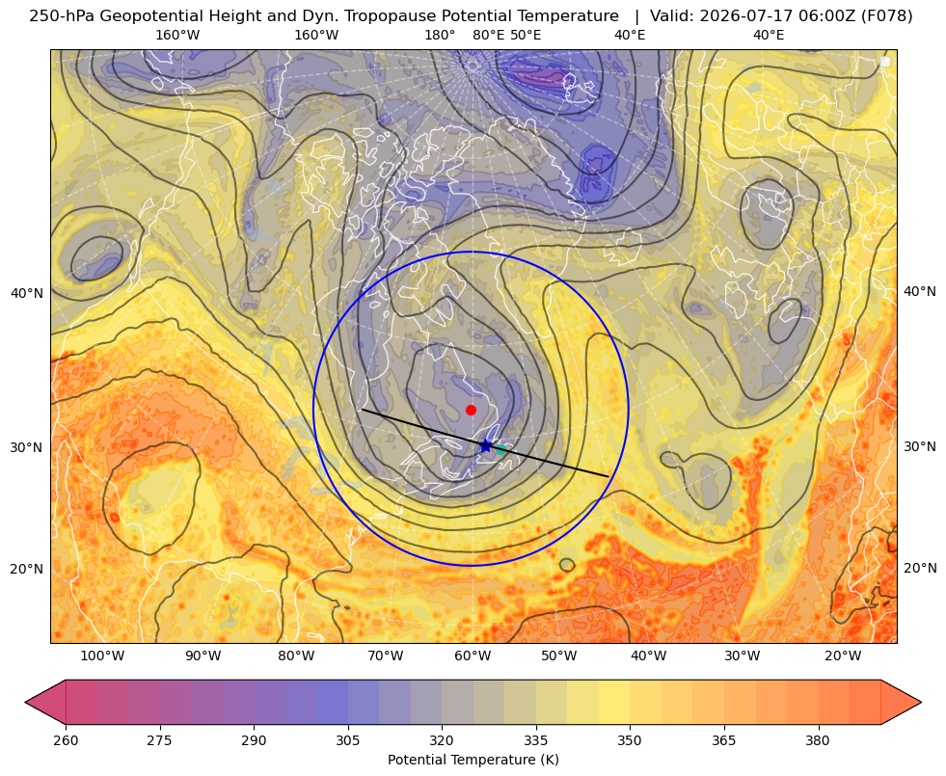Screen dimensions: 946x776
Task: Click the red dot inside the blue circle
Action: pos(472,410)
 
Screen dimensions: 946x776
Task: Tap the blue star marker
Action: pos(486,446)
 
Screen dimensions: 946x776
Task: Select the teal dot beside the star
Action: pos(500,449)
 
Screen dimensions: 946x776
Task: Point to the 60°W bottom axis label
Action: pos(473,656)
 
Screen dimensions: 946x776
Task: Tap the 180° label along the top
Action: pos(440,35)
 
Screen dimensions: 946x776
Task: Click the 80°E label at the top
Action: pos(489,35)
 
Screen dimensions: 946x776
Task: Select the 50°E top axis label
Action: pos(526,35)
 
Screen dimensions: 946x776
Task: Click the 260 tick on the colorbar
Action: pos(66,740)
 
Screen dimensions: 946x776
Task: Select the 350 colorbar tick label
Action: pos(630,740)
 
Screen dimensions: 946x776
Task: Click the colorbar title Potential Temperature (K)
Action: pos(473,760)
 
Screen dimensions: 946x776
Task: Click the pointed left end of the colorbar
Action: pos(26,702)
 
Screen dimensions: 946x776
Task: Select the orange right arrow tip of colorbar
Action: pos(921,702)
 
